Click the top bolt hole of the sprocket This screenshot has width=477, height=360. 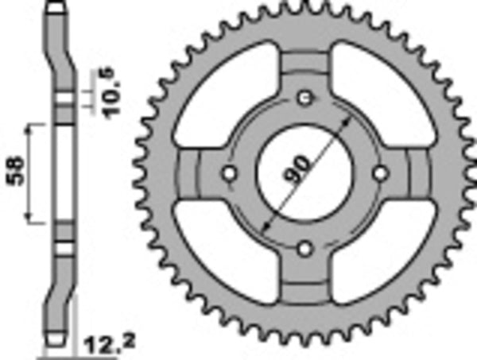tap(303, 99)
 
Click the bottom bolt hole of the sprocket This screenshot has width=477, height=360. tap(303, 249)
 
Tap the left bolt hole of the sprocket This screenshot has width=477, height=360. tap(228, 173)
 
